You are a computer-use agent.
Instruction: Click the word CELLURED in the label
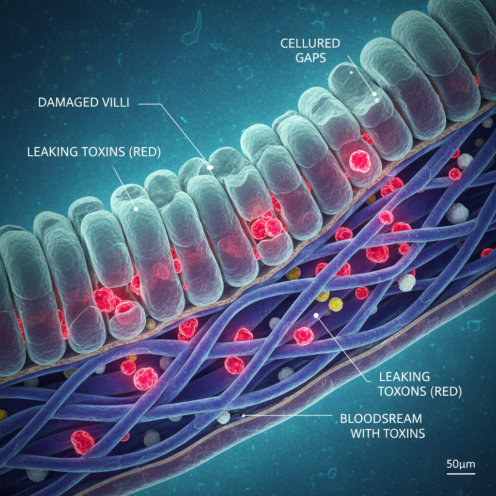310,44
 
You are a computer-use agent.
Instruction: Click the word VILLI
115,103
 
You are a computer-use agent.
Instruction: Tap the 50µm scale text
461,464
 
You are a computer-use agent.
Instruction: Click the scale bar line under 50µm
461,473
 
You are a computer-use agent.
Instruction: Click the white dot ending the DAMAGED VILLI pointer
210,168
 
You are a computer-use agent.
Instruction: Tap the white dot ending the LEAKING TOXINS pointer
136,209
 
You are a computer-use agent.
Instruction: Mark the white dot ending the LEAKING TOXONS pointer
316,315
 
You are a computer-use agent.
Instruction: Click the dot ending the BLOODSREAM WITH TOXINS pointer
243,415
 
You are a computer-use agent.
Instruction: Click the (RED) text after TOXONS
445,391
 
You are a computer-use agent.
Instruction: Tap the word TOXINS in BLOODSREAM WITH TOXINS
405,433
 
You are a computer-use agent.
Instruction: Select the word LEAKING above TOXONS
398,376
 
